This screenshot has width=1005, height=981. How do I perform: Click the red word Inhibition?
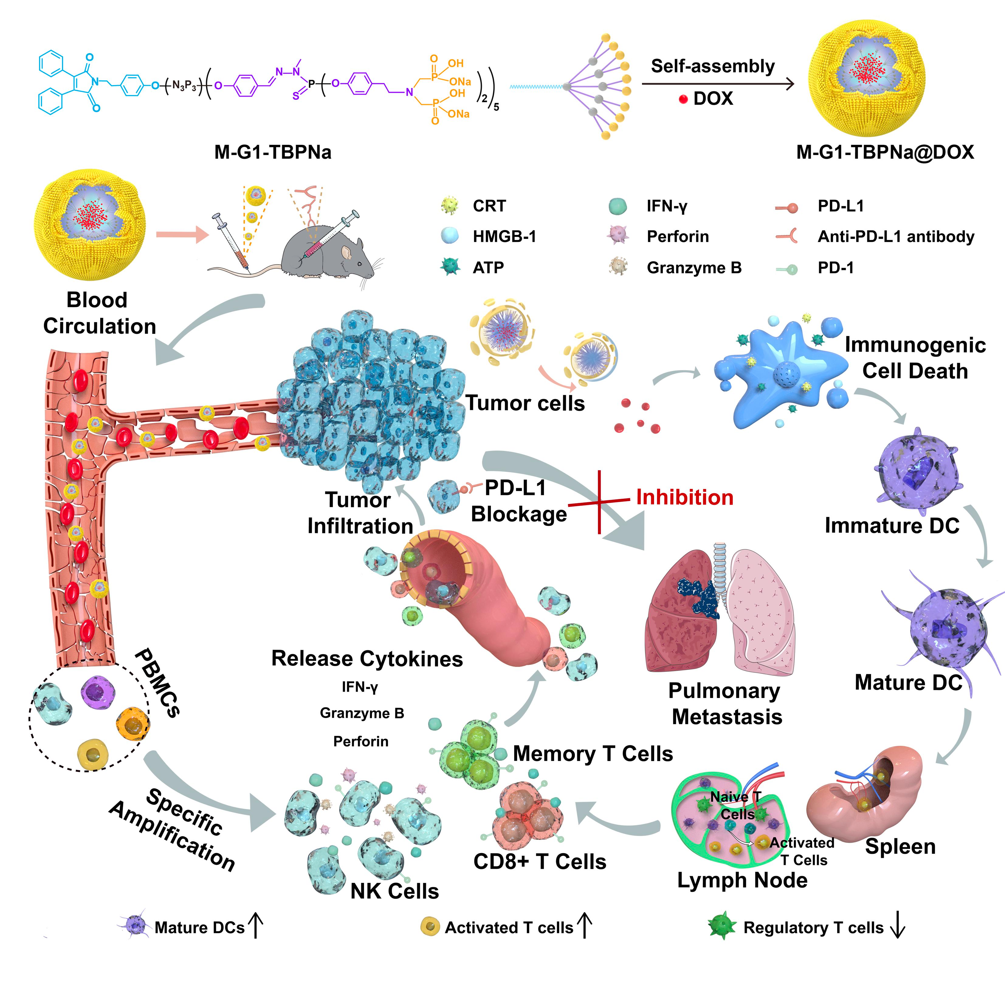click(x=685, y=497)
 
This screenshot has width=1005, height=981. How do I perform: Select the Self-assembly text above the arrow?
click(x=713, y=66)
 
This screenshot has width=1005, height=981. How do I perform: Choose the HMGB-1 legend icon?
click(x=450, y=236)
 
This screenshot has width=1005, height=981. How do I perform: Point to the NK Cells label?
click(x=394, y=891)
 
